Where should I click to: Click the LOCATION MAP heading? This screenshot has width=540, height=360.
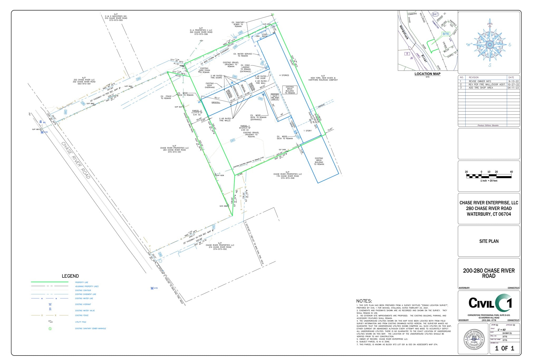pyautogui.click(x=427, y=74)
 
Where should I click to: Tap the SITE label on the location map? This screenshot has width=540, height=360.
pyautogui.click(x=446, y=34)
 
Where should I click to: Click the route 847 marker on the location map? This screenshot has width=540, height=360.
pyautogui.click(x=435, y=14)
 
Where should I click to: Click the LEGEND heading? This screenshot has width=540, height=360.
pyautogui.click(x=70, y=276)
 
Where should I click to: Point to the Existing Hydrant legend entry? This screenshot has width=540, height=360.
pyautogui.click(x=83, y=304)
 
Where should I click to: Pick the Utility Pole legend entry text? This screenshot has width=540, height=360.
pyautogui.click(x=81, y=322)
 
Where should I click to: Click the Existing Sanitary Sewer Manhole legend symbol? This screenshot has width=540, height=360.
pyautogui.click(x=50, y=329)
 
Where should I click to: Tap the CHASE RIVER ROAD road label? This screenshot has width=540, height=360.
pyautogui.click(x=76, y=160)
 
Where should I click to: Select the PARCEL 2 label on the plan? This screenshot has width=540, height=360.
pyautogui.click(x=197, y=111)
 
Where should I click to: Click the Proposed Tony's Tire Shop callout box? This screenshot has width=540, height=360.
pyautogui.click(x=275, y=97)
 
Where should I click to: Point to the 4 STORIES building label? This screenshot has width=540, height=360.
pyautogui.click(x=284, y=75)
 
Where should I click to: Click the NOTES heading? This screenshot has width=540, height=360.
pyautogui.click(x=364, y=301)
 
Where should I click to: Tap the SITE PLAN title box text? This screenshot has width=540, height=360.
pyautogui.click(x=489, y=241)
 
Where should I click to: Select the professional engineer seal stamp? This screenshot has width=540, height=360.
pyautogui.click(x=474, y=339)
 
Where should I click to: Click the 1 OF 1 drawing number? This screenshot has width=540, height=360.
pyautogui.click(x=504, y=348)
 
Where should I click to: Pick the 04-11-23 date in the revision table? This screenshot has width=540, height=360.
pyautogui.click(x=513, y=88)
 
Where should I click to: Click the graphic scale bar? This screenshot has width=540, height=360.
pyautogui.click(x=489, y=176)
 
